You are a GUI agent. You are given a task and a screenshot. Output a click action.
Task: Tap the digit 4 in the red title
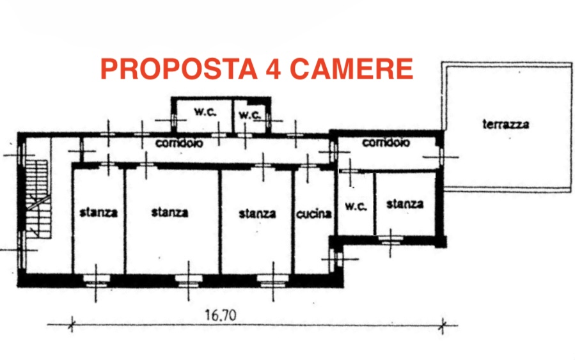tap(273, 68)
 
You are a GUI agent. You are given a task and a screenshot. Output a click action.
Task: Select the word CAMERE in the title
tap(352, 68)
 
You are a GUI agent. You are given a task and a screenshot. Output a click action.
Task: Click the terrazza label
tap(506, 125)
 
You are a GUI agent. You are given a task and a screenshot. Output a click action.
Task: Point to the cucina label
tap(314, 214)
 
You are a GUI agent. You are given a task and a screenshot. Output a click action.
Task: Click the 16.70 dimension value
tap(221, 315)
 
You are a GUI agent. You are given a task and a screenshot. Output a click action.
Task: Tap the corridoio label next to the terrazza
tap(386, 142)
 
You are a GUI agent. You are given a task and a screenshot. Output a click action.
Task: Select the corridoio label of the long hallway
tap(179, 143)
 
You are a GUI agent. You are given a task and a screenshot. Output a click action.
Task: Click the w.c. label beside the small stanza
tap(356, 206)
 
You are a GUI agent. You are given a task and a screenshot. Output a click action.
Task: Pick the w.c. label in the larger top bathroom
tap(205, 112)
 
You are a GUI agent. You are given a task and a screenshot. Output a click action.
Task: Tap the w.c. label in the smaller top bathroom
tap(249, 114)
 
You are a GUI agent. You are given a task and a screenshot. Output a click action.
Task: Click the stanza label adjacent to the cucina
tap(257, 214)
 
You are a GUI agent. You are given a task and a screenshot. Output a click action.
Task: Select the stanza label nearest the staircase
tap(98, 213)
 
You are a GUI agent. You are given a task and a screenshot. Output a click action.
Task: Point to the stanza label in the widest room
tap(169, 212)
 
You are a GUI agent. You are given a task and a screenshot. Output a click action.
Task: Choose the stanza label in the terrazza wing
tap(405, 204)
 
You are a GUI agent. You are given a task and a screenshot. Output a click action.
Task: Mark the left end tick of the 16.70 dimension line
tap(72, 324)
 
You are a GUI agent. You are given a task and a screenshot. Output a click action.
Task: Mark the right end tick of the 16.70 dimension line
tap(443, 325)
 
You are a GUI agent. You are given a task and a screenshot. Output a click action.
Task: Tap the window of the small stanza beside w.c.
tap(390, 240)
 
